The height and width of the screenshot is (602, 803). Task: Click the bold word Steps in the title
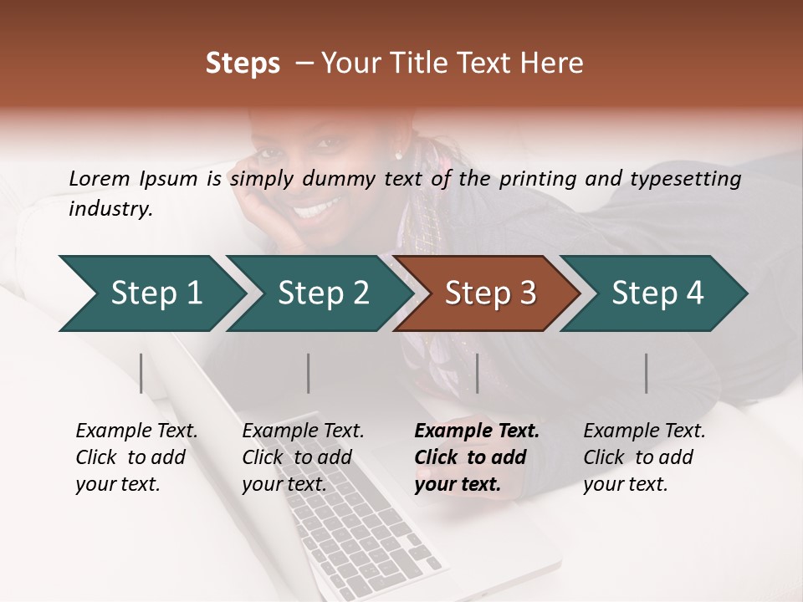pos(243,64)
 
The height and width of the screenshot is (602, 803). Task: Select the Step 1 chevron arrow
pos(151,293)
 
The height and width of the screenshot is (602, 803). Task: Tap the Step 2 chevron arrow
pos(318,293)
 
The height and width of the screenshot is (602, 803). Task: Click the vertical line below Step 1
pos(141,373)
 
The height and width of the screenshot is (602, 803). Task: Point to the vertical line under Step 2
pos(309,373)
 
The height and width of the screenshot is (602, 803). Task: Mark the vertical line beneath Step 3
pos(478,373)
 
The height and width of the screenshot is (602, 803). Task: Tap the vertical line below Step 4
pos(646,373)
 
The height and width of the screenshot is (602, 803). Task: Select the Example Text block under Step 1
pos(136,457)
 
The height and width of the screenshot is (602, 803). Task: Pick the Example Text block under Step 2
pos(303,457)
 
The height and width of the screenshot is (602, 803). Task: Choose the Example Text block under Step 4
pos(644,457)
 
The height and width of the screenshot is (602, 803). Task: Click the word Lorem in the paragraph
pos(100,178)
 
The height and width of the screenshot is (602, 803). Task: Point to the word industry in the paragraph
pos(110,209)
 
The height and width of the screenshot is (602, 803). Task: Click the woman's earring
pos(398,156)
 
